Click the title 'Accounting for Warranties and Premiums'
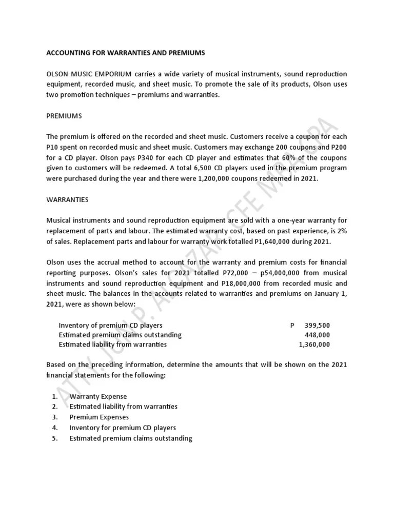pos(125,53)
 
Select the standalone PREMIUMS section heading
pos(64,116)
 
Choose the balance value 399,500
pos(317,325)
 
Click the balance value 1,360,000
pos(314,345)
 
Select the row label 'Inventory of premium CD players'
pos(110,325)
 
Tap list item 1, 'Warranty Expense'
pos(98,396)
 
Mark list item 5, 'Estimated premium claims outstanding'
pos(131,438)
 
